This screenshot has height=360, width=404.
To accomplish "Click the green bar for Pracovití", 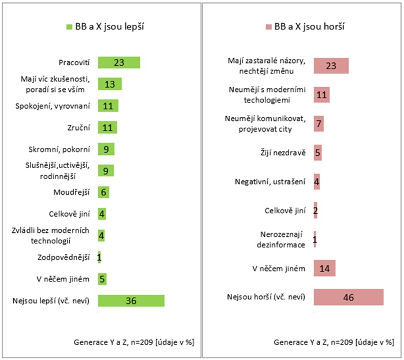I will point(119,62).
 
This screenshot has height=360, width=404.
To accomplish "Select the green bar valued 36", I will point(131,300).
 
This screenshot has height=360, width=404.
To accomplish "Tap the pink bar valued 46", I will point(348,298).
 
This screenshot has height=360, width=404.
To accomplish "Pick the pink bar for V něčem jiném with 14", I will point(324,268).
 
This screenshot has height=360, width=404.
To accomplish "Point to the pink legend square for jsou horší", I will point(268,27).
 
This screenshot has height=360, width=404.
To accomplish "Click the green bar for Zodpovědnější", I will point(99,257).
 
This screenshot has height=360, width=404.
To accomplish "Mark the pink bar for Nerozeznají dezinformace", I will point(315,239).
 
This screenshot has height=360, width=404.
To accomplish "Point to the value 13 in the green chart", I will point(110,84).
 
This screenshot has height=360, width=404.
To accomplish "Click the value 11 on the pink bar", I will point(322,95).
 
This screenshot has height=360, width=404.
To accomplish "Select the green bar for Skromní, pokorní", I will point(106,149).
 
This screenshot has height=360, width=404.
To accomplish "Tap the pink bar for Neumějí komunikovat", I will point(319,124).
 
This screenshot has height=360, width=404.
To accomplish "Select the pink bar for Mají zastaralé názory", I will point(331,66).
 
